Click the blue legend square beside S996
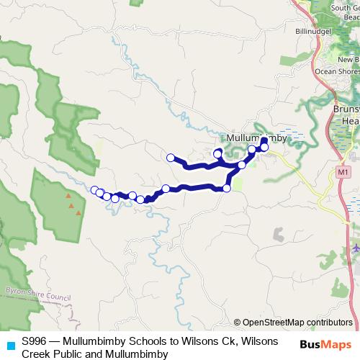click(x=8, y=343)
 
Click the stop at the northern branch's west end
click(x=171, y=158)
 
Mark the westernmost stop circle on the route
click(x=94, y=189)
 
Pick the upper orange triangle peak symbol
click(x=68, y=195)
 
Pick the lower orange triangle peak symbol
click(x=73, y=210)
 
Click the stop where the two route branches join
click(x=242, y=165)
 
